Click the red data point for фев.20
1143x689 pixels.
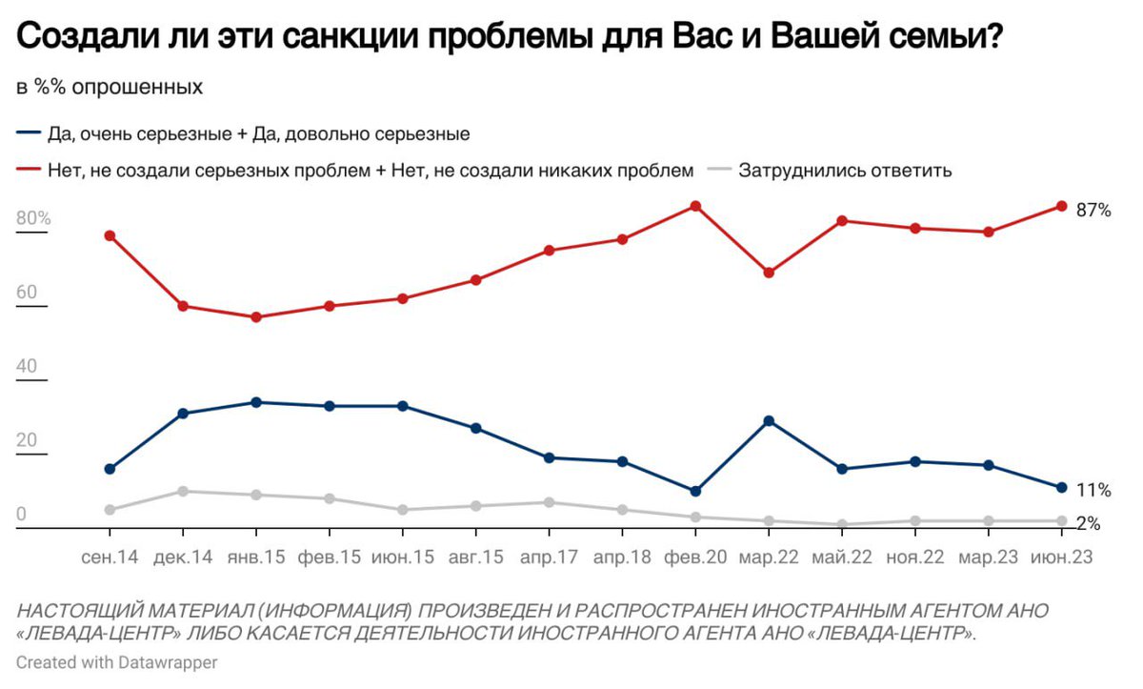(x=695, y=206)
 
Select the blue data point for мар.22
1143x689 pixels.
(x=769, y=420)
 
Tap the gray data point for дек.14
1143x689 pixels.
(x=183, y=491)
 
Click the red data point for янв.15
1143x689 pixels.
(x=256, y=317)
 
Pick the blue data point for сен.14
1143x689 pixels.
(x=110, y=469)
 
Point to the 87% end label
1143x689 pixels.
(x=1093, y=211)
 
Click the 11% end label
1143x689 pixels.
(x=1093, y=491)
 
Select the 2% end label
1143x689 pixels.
(x=1089, y=523)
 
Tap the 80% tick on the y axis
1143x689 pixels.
(x=33, y=219)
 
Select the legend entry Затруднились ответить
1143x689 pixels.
(x=845, y=172)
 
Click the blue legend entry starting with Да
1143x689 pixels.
(x=257, y=134)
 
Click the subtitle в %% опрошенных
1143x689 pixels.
(x=110, y=87)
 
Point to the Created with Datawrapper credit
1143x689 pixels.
(x=116, y=662)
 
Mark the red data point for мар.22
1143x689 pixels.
(x=769, y=273)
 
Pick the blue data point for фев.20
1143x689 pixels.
(x=695, y=491)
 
